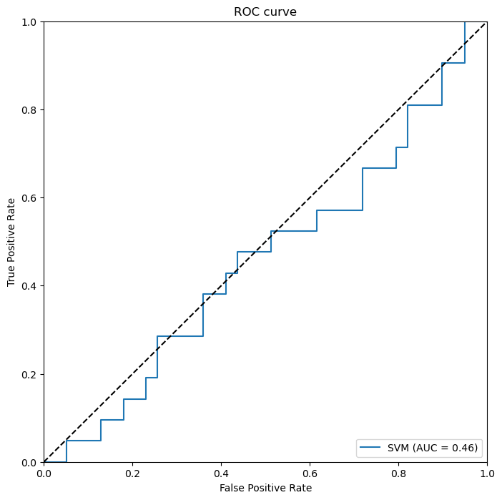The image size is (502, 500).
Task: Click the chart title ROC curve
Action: [x=265, y=12]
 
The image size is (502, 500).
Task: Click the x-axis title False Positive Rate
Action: [x=265, y=488]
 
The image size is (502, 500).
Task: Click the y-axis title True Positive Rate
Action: [x=11, y=242]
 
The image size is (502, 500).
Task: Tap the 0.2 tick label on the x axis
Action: [x=132, y=473]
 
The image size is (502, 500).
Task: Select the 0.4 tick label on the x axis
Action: [x=221, y=473]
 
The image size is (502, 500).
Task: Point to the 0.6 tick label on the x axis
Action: [x=310, y=473]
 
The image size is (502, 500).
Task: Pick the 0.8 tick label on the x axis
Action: [x=398, y=473]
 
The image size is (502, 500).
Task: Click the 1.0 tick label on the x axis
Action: [x=487, y=473]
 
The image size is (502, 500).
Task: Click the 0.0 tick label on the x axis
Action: [x=44, y=473]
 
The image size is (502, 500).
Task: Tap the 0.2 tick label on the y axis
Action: [x=29, y=374]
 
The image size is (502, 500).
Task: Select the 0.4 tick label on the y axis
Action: [x=29, y=286]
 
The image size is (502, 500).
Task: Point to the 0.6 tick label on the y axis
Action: [x=29, y=198]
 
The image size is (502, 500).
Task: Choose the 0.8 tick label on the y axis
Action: [x=29, y=110]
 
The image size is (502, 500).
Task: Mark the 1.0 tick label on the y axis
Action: [x=29, y=22]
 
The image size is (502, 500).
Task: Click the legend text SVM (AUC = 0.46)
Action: [x=433, y=448]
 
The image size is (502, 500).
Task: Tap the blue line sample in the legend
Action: [x=370, y=448]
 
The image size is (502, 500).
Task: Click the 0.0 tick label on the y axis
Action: [x=29, y=462]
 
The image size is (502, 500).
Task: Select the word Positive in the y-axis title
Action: [x=11, y=242]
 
